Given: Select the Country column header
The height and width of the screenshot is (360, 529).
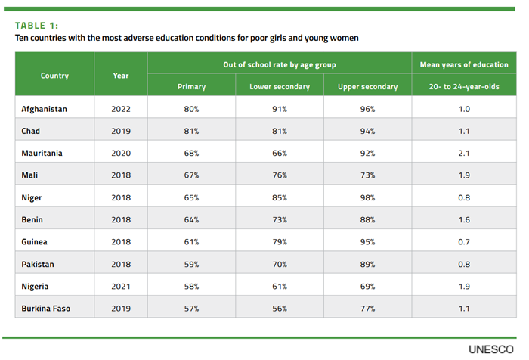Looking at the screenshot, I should pyautogui.click(x=54, y=76).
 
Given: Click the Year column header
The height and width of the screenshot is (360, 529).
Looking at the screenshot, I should pyautogui.click(x=120, y=76).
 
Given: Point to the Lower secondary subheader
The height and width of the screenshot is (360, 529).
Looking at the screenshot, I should pyautogui.click(x=280, y=87).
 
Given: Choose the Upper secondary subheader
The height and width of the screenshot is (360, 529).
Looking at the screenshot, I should pyautogui.click(x=368, y=87).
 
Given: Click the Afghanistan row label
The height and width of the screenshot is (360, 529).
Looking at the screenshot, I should pyautogui.click(x=45, y=109).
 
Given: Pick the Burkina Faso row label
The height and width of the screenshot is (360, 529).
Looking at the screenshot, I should pyautogui.click(x=47, y=309).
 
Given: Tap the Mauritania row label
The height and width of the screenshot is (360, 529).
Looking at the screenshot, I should pyautogui.click(x=43, y=153).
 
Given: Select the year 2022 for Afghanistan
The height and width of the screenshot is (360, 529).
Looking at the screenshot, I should pyautogui.click(x=120, y=109).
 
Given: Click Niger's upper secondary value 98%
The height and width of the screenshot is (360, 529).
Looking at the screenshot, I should pyautogui.click(x=368, y=197).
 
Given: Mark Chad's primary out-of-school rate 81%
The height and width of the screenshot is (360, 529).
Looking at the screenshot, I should pyautogui.click(x=191, y=131).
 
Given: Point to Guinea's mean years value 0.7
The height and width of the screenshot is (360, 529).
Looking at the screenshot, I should pyautogui.click(x=465, y=242).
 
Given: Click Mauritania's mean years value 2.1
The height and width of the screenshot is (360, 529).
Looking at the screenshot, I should pyautogui.click(x=465, y=153).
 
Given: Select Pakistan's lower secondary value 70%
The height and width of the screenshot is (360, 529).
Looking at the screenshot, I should pyautogui.click(x=280, y=264).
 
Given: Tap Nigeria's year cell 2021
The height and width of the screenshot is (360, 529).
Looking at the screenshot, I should pyautogui.click(x=120, y=287).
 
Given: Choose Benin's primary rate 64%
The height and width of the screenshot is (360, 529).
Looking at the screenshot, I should pyautogui.click(x=191, y=220).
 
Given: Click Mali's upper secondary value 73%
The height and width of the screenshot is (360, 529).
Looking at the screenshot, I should pyautogui.click(x=368, y=175).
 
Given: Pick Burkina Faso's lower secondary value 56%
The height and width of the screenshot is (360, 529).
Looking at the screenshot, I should pyautogui.click(x=280, y=309).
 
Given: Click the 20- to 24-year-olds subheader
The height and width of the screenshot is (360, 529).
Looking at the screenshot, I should pyautogui.click(x=465, y=87).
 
